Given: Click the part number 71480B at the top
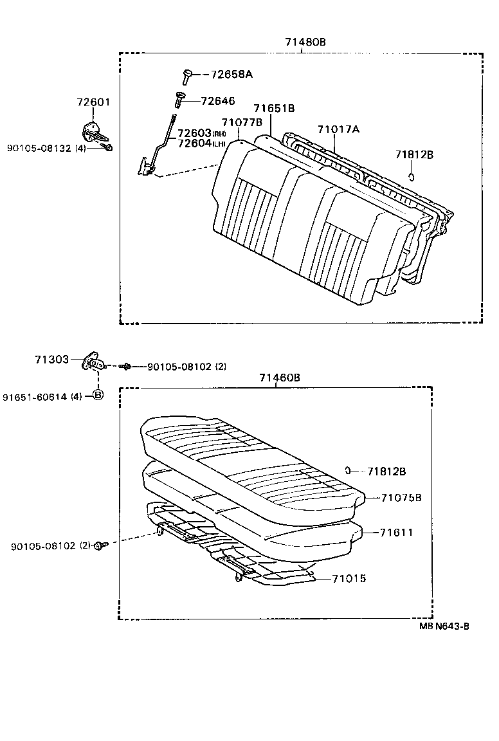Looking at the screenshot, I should (305, 42).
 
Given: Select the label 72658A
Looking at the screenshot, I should (231, 75).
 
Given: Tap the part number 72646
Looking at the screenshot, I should (218, 101).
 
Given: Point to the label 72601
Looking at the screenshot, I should (94, 102).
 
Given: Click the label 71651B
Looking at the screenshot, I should (274, 109).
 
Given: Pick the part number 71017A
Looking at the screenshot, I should (338, 129).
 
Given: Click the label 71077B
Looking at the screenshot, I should (242, 122).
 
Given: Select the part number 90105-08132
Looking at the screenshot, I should (38, 148).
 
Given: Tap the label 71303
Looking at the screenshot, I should (51, 360).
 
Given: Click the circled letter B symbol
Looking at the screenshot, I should (98, 395).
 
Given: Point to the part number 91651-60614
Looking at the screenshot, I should (33, 397).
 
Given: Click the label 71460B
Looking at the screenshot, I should (280, 378).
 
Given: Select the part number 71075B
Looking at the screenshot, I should (401, 498).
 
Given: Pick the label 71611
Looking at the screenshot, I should (396, 533).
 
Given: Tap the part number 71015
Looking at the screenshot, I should (349, 579).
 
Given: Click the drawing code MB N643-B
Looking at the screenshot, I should (444, 627).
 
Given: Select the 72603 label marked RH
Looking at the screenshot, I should (199, 133).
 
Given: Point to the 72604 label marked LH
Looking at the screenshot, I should (199, 143).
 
